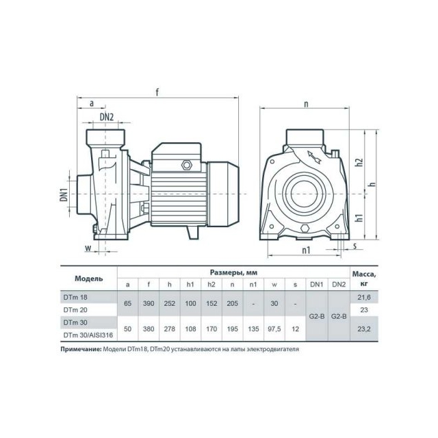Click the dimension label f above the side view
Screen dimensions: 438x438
pyautogui.click(x=157, y=92)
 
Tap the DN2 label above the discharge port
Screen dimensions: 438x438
pyautogui.click(x=107, y=117)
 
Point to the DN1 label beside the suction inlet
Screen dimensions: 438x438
pyautogui.click(x=64, y=194)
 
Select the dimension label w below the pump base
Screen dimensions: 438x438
pyautogui.click(x=88, y=248)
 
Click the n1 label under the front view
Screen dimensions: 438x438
pyautogui.click(x=306, y=250)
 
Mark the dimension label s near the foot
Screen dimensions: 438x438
pyautogui.click(x=355, y=246)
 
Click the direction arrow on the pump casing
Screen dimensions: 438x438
pyautogui.click(x=314, y=157)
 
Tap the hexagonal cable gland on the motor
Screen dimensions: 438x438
pyautogui.click(x=186, y=165)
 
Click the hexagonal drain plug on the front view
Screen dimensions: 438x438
pyautogui.click(x=305, y=228)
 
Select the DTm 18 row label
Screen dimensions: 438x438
pyautogui.click(x=75, y=297)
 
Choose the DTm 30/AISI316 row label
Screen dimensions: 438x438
pyautogui.click(x=88, y=335)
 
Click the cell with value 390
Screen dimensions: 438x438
pyautogui.click(x=149, y=303)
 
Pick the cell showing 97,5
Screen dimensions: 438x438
pyautogui.click(x=274, y=329)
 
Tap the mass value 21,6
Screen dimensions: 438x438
pyautogui.click(x=364, y=298)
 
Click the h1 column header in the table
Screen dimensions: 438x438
pyautogui.click(x=190, y=285)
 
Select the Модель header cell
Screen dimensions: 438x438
pyautogui.click(x=89, y=279)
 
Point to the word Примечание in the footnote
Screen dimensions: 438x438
pyautogui.click(x=81, y=349)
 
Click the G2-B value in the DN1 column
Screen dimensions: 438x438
pyautogui.click(x=317, y=316)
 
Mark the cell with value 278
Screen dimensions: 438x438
pyautogui.click(x=170, y=329)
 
